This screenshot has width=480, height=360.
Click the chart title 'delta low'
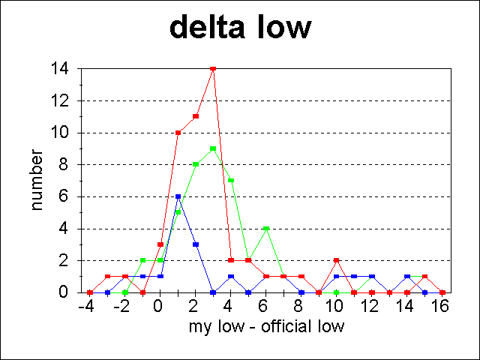tap(239, 28)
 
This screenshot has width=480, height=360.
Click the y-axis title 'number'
tap(36, 180)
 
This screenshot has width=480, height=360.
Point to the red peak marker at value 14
tap(213, 69)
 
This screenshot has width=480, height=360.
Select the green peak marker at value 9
tap(213, 148)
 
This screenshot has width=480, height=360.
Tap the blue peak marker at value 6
tap(178, 196)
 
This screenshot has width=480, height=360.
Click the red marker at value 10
tap(178, 133)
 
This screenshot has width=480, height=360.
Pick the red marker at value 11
tap(196, 116)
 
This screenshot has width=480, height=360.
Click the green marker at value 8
tap(196, 164)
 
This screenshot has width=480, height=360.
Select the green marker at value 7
tap(231, 180)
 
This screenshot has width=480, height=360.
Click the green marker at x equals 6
tap(266, 228)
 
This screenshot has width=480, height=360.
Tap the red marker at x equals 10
tap(337, 260)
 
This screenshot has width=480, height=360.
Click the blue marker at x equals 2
tap(196, 244)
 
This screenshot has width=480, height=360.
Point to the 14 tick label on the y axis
tap(60, 69)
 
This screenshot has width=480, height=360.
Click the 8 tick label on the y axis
tap(64, 164)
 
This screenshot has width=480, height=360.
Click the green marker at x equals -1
tap(142, 260)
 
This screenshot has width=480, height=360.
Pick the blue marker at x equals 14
tap(407, 276)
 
